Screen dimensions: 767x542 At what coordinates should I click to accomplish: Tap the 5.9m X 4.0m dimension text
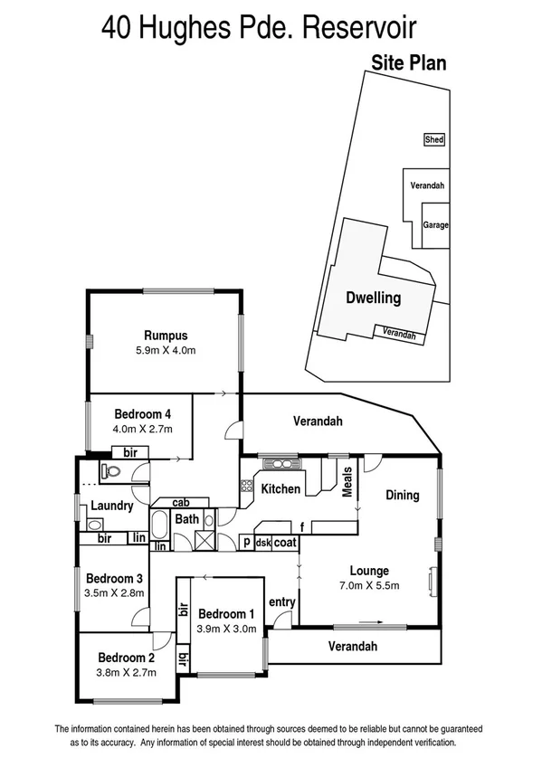pos(164,349)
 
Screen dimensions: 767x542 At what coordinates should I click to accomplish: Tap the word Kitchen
pos(281,489)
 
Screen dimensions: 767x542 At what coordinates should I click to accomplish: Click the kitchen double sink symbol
pos(275,465)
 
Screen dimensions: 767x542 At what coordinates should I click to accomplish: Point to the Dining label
pos(403,495)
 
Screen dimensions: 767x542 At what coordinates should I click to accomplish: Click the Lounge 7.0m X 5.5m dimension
pos(369,585)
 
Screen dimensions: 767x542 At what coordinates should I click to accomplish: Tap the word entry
pos(282,602)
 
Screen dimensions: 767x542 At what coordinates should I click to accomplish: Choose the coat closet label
pos(286,543)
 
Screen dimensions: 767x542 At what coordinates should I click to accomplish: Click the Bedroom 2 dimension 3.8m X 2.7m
pos(128,672)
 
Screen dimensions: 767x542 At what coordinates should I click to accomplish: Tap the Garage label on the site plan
pos(435,225)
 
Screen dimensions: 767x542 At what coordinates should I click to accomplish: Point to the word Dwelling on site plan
pos(373,298)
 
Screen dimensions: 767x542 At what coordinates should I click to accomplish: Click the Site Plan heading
pos(408,63)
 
